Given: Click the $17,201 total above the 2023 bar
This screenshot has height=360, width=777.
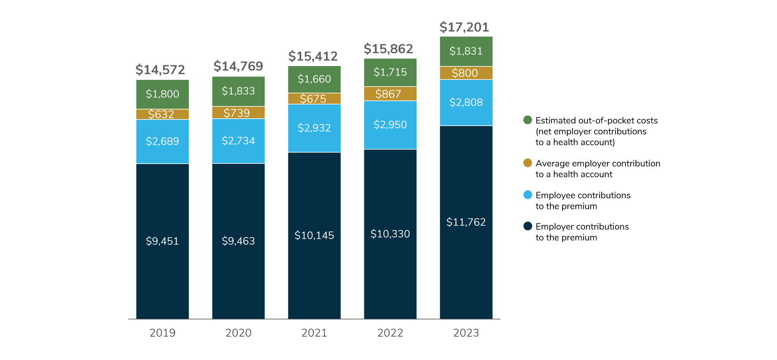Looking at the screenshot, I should point(464,27).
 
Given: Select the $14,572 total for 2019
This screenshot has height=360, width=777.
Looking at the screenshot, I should point(160,69).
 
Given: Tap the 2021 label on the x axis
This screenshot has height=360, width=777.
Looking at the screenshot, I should point(314,333).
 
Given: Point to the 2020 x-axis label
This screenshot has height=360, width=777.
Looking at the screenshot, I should point(238,333).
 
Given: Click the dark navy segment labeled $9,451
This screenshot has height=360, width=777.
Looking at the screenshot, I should point(162,241).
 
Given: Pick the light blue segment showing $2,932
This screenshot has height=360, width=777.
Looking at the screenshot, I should point(314,128).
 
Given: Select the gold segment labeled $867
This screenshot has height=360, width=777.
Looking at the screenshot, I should point(390,94).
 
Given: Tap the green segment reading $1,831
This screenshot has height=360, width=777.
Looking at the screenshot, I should point(466,51).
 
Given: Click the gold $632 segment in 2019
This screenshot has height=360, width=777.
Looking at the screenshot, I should point(162,114).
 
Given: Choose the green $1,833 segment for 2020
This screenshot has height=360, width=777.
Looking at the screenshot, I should point(238,91).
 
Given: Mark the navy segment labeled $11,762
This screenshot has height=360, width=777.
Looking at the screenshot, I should point(466,222).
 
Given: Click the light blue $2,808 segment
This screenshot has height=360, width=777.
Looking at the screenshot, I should point(466,102).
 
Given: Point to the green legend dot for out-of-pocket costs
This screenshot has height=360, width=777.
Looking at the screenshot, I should point(527,120).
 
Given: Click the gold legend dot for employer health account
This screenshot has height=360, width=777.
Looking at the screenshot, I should point(527,163).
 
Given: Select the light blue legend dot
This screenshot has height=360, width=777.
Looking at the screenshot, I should point(527,195).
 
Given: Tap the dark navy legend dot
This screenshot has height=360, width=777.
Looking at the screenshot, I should point(527,226).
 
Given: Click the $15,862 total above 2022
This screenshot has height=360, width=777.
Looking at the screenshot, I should point(388,49).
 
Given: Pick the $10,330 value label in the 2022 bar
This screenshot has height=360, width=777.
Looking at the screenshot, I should point(390,234).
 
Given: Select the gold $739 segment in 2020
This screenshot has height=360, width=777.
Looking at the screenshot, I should point(238,113).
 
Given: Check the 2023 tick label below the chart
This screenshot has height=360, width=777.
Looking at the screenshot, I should point(466,333).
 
